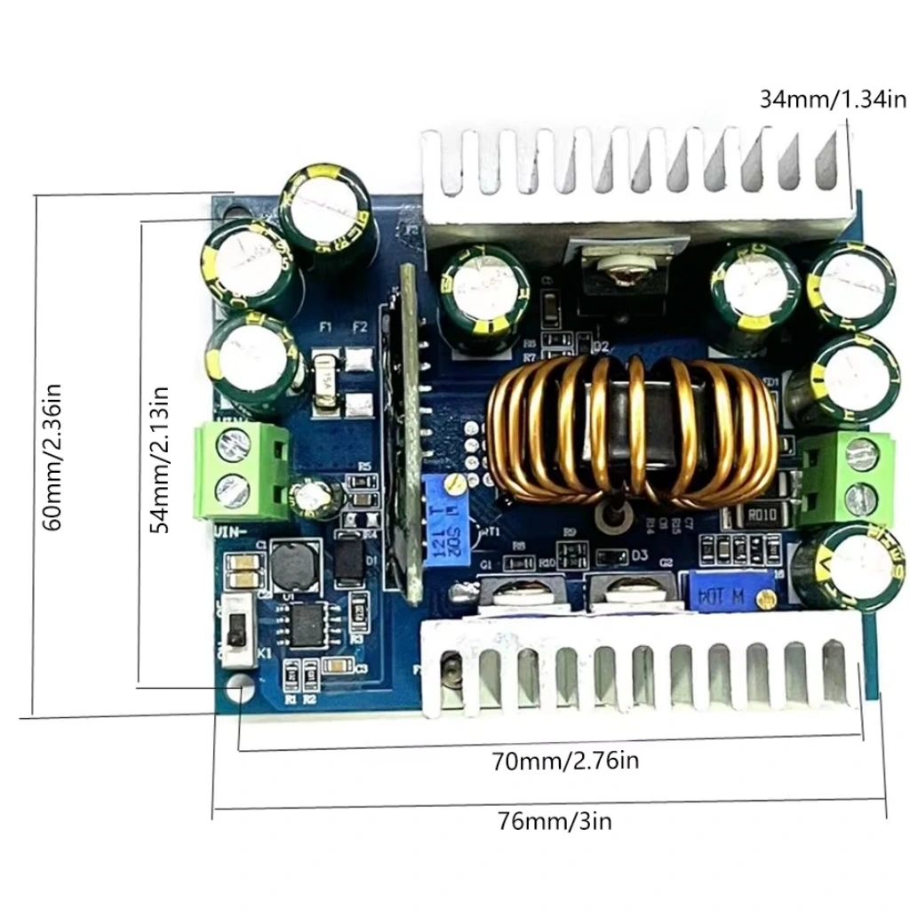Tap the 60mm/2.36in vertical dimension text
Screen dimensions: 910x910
coord(53,456)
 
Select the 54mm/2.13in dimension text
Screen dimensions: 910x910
coord(161,459)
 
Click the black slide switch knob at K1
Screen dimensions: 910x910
coord(235,634)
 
